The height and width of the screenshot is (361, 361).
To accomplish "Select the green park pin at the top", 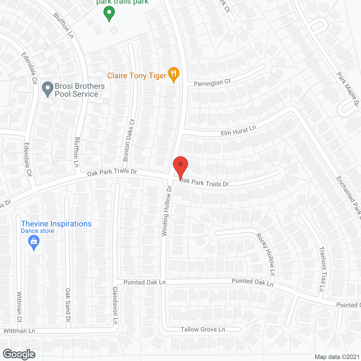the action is pos(109,13).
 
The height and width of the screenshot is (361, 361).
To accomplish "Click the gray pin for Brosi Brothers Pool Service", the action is pos(47,89).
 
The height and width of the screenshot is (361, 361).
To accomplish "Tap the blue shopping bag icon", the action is pos(34,243).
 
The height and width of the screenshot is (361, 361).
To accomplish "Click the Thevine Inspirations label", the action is pos(56,224).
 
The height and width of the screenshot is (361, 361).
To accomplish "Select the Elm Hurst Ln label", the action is pos(238,130).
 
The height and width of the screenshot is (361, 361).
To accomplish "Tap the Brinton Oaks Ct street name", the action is pos(129,140).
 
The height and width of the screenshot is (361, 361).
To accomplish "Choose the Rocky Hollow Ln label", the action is pos(265,254).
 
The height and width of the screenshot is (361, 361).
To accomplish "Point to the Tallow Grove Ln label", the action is pos(203,329).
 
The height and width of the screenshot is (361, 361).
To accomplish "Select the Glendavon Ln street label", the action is pos(115,305).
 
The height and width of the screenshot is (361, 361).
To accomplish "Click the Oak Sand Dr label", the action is pos(68,305).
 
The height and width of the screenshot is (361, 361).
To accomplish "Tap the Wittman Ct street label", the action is pos(19,307).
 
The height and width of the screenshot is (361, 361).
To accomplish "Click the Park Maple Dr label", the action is pos(348,89).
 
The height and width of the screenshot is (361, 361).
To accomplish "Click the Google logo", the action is pos(19,354).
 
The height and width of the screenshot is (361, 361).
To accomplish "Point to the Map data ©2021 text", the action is pos(337,357).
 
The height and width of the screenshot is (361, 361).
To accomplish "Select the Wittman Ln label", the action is pos(19,331).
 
